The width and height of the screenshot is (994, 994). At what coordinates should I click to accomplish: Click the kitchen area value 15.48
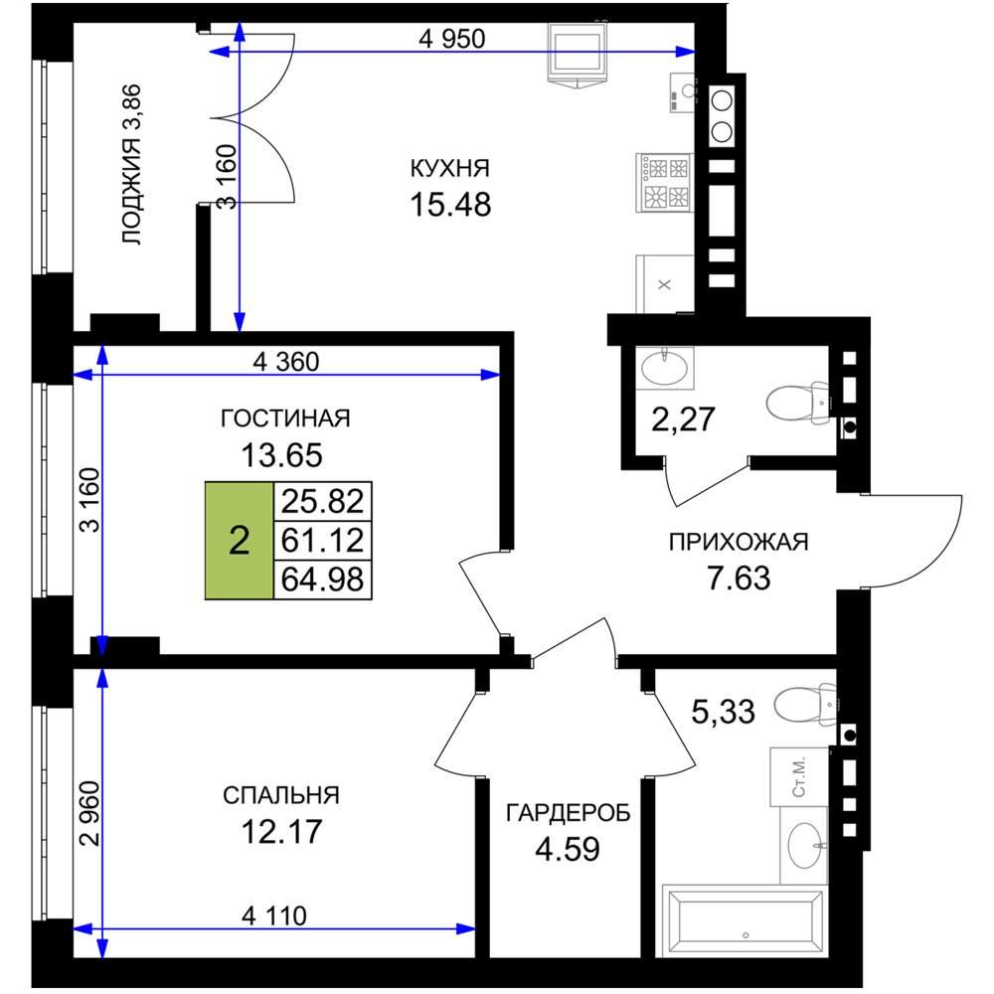click(x=450, y=205)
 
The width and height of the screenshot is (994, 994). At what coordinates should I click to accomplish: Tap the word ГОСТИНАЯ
click(x=285, y=418)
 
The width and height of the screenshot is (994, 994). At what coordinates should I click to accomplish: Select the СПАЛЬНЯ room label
click(x=281, y=795)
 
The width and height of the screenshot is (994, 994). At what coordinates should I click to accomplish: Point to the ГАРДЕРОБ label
click(x=568, y=812)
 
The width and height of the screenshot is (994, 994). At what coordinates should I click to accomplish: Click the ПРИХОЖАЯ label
click(x=739, y=542)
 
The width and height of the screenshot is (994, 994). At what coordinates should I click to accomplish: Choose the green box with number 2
click(x=239, y=541)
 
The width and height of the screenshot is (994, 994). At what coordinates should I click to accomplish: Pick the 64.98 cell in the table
click(x=323, y=580)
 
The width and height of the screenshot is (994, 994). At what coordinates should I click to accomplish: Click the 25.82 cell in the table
click(x=323, y=501)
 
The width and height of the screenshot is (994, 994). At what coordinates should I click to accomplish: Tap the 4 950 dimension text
click(x=452, y=39)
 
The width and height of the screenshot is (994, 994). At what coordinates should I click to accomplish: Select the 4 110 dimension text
click(x=274, y=915)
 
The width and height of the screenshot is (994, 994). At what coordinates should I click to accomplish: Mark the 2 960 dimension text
click(x=90, y=813)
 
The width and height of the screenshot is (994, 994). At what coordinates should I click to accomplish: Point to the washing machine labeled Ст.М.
click(x=799, y=777)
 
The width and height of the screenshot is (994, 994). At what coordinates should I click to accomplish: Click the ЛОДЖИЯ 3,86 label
click(x=132, y=165)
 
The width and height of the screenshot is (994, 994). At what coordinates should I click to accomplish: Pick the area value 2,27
click(x=684, y=419)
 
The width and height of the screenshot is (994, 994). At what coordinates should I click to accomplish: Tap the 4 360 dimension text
click(x=286, y=362)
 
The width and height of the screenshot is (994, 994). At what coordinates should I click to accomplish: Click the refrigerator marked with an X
click(x=664, y=284)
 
